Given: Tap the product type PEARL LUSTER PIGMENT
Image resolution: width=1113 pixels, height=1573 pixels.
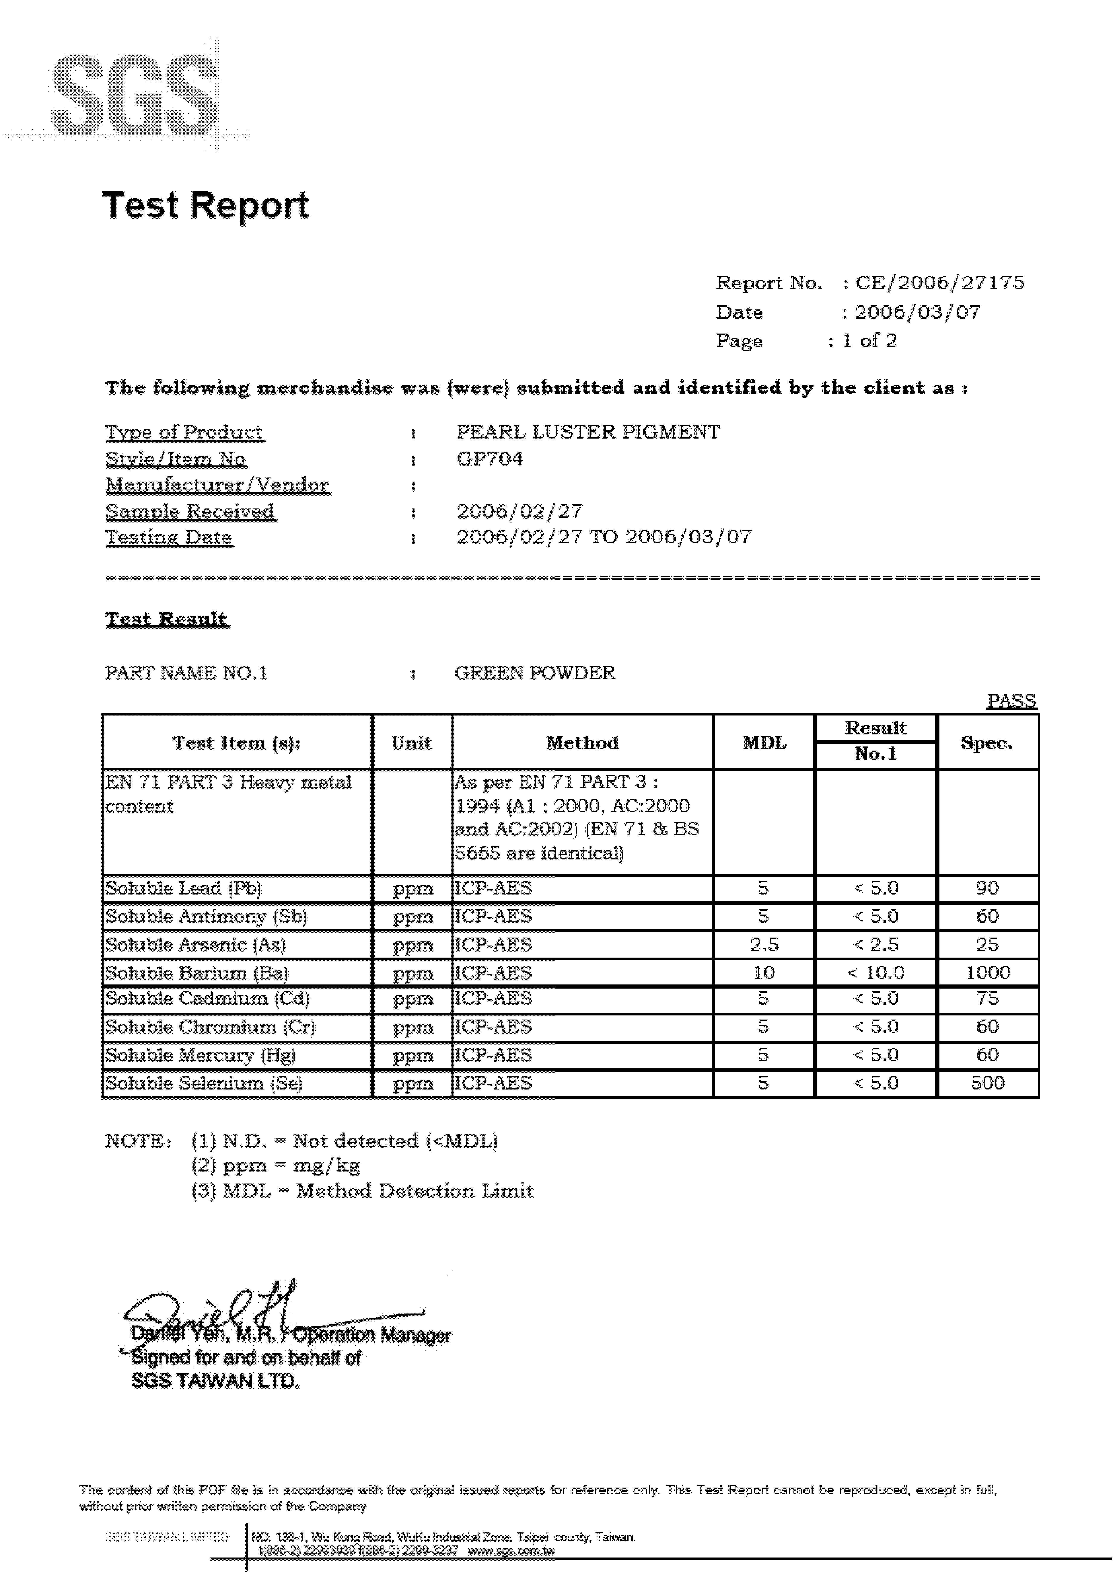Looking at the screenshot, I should pos(588,432).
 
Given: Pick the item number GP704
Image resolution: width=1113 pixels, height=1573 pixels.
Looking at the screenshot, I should pos(489,459).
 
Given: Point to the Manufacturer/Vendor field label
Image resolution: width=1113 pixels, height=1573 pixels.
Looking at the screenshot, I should pos(217,485).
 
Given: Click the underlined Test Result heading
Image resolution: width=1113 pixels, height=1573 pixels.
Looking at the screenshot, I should pos(166,619).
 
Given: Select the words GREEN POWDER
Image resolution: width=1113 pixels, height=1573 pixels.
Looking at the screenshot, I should pos(535,673).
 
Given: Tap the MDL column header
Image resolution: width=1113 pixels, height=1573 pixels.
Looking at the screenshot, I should pos(764,743).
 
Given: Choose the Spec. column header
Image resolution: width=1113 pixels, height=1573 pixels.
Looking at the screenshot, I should pos(987,743).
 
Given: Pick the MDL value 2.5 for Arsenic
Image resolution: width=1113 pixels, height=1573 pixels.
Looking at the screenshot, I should pos(764,945).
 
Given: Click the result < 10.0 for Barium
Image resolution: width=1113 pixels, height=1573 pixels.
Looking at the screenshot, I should pos(876,973).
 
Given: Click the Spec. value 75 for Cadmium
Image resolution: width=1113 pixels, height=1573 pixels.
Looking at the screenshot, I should pos(987,999).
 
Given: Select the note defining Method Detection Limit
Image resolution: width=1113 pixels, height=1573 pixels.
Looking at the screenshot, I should pos(362,1191).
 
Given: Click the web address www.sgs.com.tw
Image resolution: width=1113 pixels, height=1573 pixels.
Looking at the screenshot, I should pos(511,1551).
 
